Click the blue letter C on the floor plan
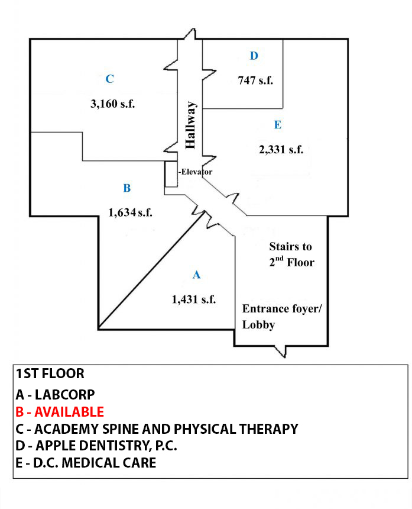click(x=109, y=79)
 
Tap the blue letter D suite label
click(x=254, y=56)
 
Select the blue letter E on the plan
click(x=278, y=125)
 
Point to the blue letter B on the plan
click(x=126, y=188)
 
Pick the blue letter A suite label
click(x=197, y=275)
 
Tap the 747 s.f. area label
click(x=255, y=80)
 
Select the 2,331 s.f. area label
click(x=281, y=150)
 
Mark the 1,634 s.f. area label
click(x=131, y=212)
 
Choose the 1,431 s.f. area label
click(x=194, y=299)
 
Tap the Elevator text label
click(x=196, y=172)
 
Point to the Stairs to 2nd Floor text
click(x=290, y=254)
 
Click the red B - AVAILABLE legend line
click(x=60, y=411)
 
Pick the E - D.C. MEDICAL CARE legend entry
click(x=86, y=462)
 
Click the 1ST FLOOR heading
click(x=50, y=374)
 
